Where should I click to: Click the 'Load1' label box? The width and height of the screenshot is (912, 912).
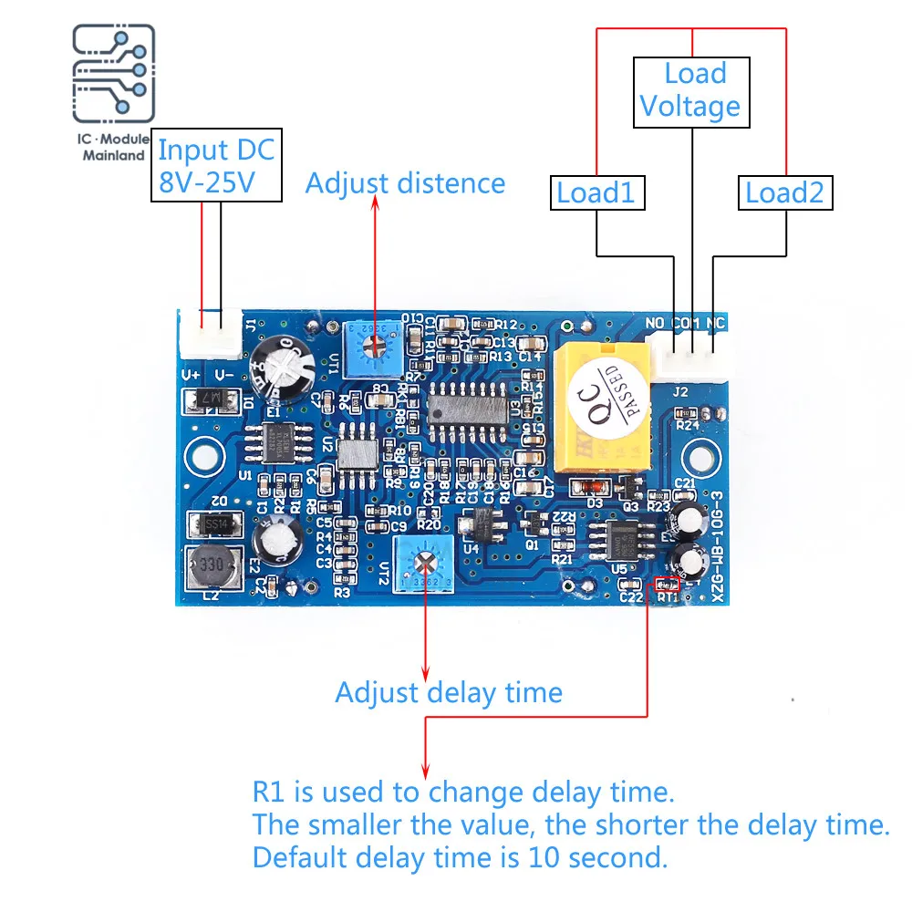coord(596,193)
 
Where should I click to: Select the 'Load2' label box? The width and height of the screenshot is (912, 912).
coord(784,193)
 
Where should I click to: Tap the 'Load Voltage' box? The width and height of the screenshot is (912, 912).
coord(691,91)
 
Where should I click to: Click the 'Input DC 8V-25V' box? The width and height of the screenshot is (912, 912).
coord(215,165)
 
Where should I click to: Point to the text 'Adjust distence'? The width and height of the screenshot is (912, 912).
coord(405,183)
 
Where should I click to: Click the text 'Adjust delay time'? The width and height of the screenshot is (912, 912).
coord(449,692)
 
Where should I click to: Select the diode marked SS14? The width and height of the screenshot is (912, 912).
coord(213,524)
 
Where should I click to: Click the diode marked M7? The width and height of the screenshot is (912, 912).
coord(208,399)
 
